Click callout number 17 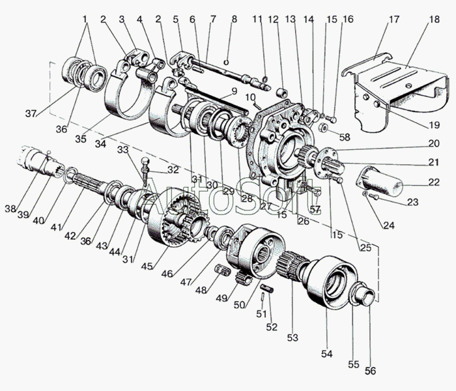tap(394, 20)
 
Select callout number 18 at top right tap(434, 20)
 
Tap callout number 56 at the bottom tap(371, 371)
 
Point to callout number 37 tap(31, 114)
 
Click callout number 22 tap(433, 182)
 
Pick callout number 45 tap(147, 266)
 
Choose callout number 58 tap(345, 137)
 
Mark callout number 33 tap(122, 150)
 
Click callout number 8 tap(234, 19)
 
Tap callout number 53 tap(292, 338)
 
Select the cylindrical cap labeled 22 tap(380, 181)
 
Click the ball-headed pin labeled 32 tap(145, 171)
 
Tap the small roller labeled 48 tap(222, 270)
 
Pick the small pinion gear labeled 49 tap(243, 278)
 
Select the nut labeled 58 tap(323, 127)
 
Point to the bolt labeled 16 tap(332, 119)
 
